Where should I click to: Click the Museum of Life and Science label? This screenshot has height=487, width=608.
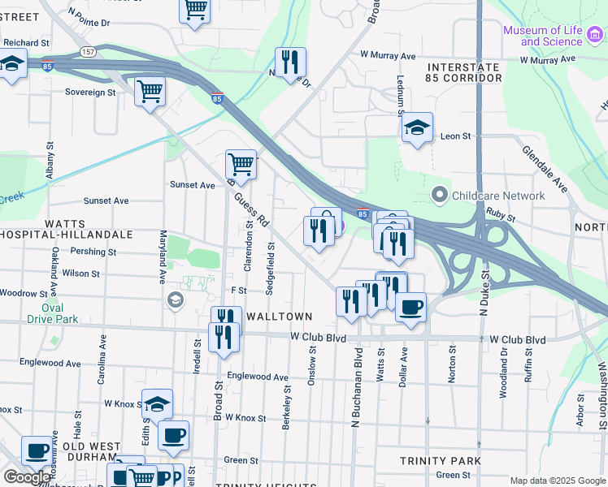point(542,36)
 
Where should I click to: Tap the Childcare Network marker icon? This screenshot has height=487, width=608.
point(440,196)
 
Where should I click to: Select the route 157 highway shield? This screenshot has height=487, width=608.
point(88,51)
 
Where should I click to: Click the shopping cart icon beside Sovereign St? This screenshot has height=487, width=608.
point(150,92)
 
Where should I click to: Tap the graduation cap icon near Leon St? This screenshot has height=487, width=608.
point(417,127)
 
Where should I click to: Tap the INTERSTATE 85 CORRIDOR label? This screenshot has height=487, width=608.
point(463,72)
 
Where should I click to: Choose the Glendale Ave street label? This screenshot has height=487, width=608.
point(545,169)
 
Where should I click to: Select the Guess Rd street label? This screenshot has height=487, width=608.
point(251,209)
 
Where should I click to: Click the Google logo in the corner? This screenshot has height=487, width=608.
point(27,477)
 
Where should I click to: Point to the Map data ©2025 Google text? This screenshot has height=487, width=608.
point(557,481)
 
